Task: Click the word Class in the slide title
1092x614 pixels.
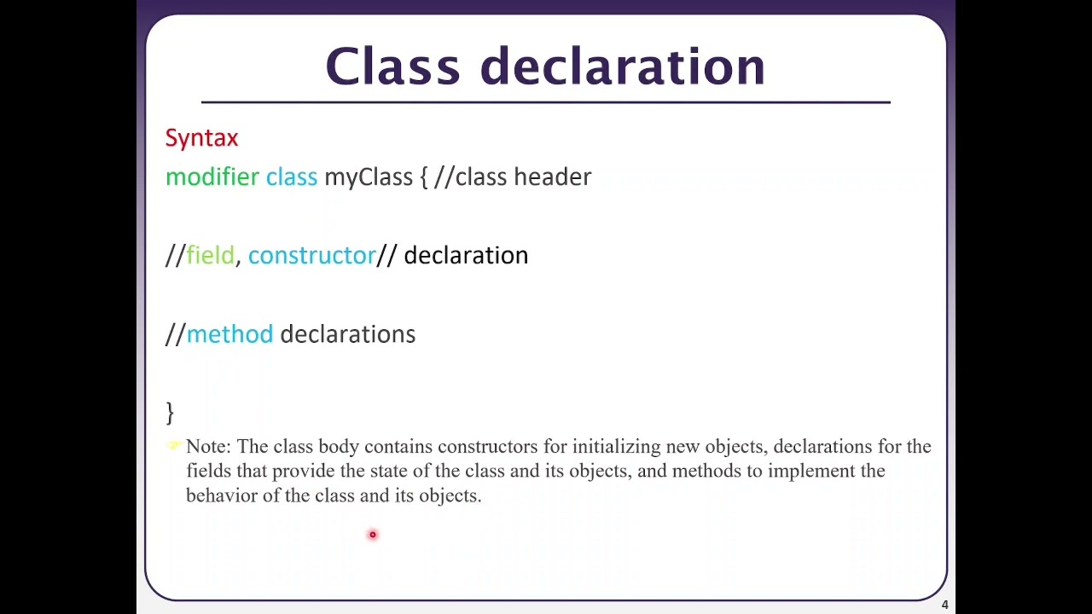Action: pyautogui.click(x=392, y=67)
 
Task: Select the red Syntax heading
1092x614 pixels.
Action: pyautogui.click(x=201, y=138)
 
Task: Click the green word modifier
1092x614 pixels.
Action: pyautogui.click(x=212, y=177)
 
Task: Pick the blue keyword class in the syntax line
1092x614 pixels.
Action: pyautogui.click(x=291, y=177)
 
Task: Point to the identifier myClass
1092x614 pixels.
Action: pyautogui.click(x=368, y=177)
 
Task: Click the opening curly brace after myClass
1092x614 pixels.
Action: pyautogui.click(x=423, y=177)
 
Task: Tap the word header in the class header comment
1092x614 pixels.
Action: pyautogui.click(x=552, y=177)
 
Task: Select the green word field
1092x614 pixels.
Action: pyautogui.click(x=210, y=256)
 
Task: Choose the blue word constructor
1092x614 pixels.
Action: pyautogui.click(x=311, y=256)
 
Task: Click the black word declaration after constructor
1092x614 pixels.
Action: pyautogui.click(x=466, y=256)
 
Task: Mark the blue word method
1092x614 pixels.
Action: pyautogui.click(x=229, y=334)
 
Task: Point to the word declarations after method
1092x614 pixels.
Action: pyautogui.click(x=347, y=334)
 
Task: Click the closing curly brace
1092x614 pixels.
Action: pyautogui.click(x=170, y=413)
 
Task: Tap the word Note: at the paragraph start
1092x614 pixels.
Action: pyautogui.click(x=208, y=447)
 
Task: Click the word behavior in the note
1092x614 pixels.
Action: pyautogui.click(x=221, y=496)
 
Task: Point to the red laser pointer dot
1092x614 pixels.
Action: pyautogui.click(x=372, y=535)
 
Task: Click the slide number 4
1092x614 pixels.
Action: pyautogui.click(x=944, y=605)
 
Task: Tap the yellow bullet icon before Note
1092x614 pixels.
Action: pyautogui.click(x=175, y=445)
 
